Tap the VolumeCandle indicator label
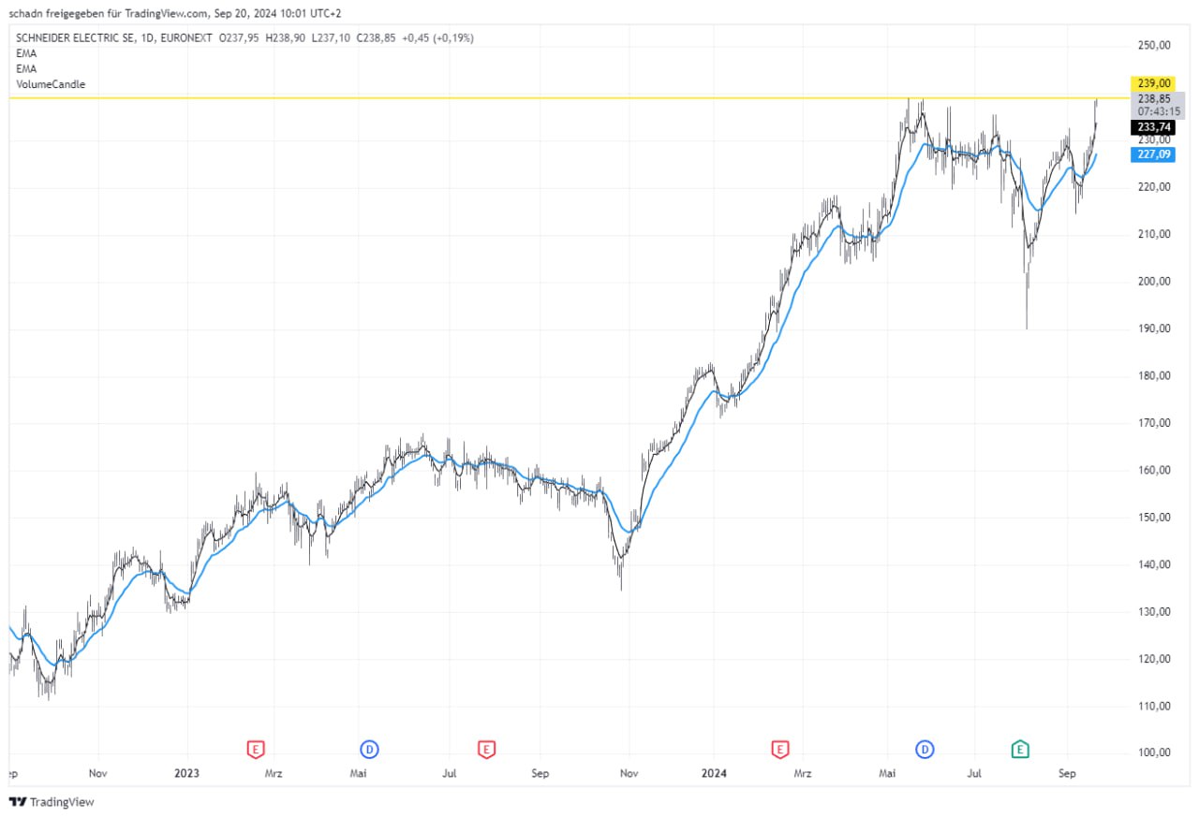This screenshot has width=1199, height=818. pos(51,84)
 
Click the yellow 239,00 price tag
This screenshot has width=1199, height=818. pos(1151,83)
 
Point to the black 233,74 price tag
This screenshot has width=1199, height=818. pos(1151,127)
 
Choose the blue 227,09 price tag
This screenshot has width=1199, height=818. pos(1151,154)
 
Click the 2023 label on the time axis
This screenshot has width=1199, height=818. pos(186,774)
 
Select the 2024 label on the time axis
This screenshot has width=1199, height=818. pos(715,774)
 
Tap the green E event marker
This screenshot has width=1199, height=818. pos(1020,749)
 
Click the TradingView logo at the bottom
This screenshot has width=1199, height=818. pos(52,802)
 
